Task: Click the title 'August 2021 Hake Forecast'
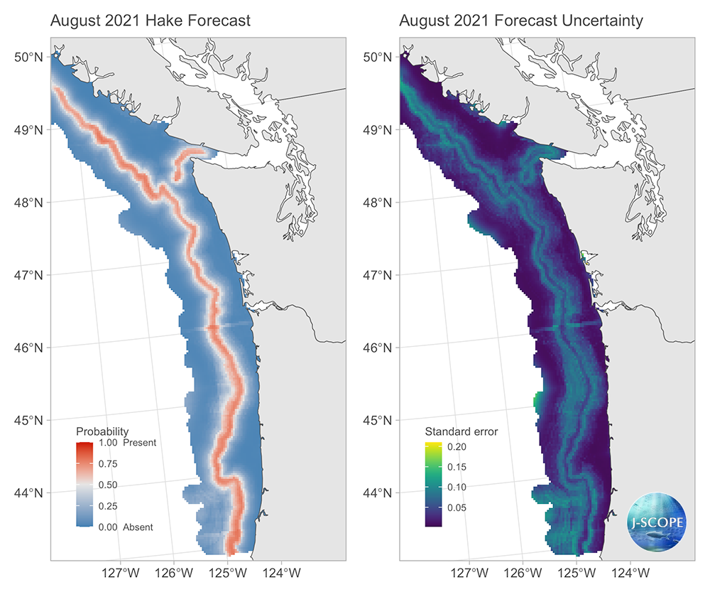pyautogui.click(x=151, y=21)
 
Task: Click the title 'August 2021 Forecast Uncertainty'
pyautogui.click(x=521, y=21)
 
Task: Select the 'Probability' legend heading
pyautogui.click(x=102, y=431)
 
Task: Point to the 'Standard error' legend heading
pyautogui.click(x=461, y=431)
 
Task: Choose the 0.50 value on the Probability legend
pyautogui.click(x=108, y=485)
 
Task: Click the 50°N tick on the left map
pyautogui.click(x=29, y=57)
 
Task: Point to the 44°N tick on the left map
pyautogui.click(x=29, y=493)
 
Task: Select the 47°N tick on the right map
pyautogui.click(x=379, y=275)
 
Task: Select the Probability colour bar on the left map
pyautogui.click(x=84, y=485)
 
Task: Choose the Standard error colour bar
pyautogui.click(x=433, y=485)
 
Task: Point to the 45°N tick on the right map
pyautogui.click(x=379, y=420)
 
